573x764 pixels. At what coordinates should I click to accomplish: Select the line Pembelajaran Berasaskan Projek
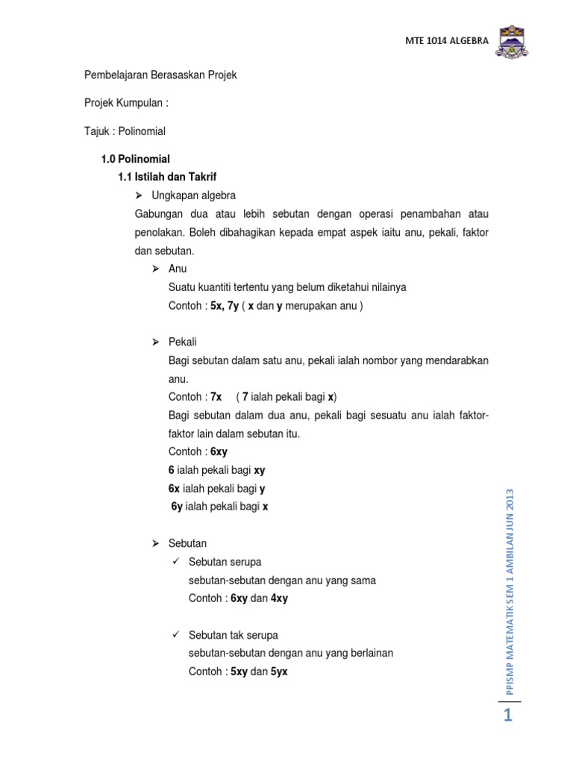click(160, 76)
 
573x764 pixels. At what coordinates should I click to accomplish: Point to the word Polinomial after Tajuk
click(142, 131)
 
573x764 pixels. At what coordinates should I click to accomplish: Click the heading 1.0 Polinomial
click(136, 159)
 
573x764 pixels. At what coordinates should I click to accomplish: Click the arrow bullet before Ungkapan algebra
click(138, 195)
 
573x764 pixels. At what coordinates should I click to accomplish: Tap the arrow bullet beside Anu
click(156, 269)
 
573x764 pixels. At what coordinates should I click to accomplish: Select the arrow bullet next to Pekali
click(156, 342)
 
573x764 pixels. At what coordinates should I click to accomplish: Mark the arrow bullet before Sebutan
click(156, 543)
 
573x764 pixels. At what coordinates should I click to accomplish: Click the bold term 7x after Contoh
click(216, 397)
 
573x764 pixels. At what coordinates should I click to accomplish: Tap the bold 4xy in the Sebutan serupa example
click(280, 598)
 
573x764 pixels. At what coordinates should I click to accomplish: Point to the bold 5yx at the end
click(280, 671)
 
